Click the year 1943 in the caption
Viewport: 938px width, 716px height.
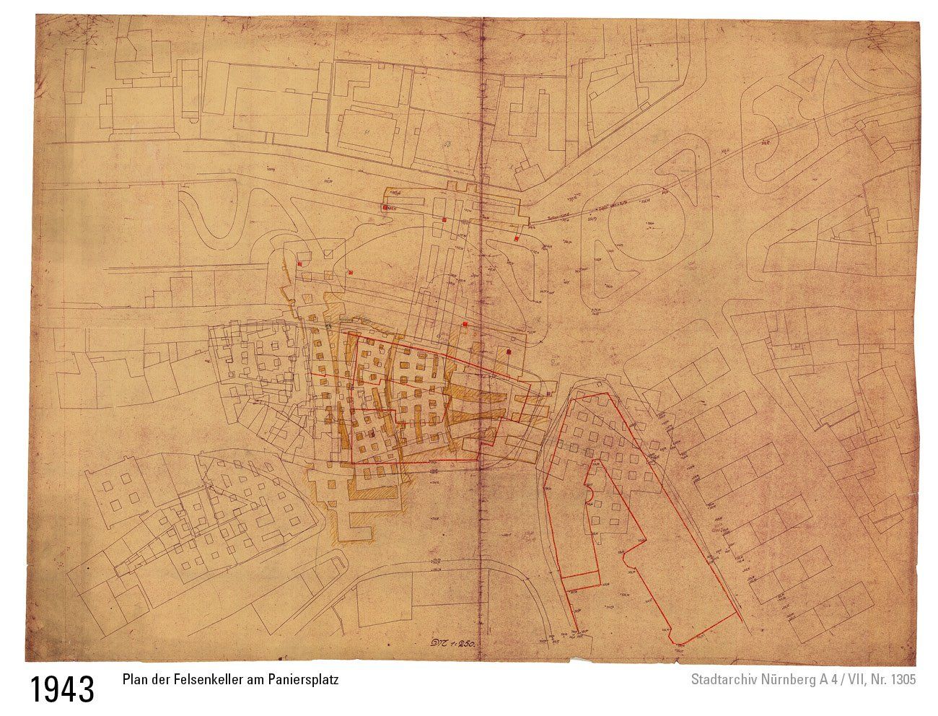coord(62,689)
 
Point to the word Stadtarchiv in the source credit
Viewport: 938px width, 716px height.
coord(722,680)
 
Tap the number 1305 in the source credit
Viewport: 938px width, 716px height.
coord(903,680)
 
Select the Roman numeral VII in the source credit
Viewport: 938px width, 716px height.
coord(856,680)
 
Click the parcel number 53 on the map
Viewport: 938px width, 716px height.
coord(447,144)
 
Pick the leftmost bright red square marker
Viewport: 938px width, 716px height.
coord(299,263)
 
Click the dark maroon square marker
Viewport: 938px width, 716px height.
coord(509,352)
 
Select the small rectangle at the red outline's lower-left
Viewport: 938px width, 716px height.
coord(582,579)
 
